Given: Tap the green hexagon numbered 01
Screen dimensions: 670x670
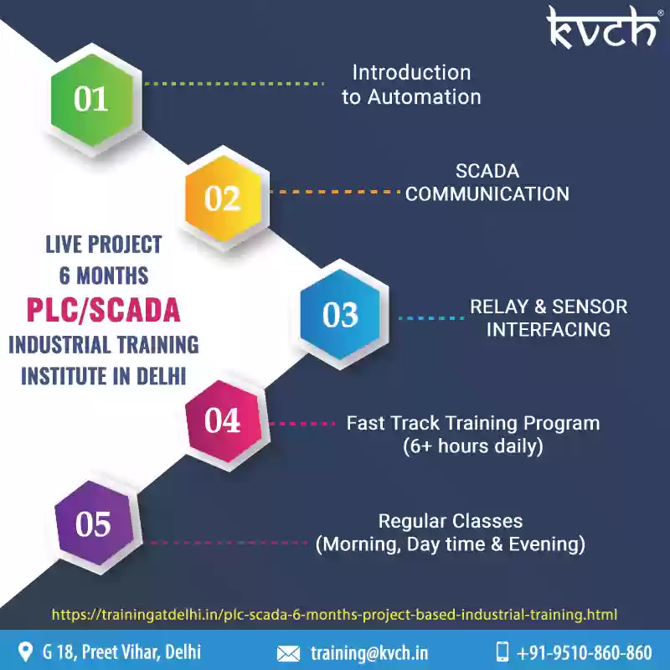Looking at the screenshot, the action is pos(92,100).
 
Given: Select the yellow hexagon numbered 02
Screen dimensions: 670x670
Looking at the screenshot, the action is pos(223,198).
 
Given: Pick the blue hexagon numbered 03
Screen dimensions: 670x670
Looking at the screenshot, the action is pos(340,315).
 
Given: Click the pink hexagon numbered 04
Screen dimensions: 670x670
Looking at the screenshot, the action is pos(224,421).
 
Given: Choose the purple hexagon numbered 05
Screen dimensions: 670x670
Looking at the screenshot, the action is pos(94,523).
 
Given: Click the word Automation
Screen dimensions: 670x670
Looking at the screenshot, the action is pos(425,97).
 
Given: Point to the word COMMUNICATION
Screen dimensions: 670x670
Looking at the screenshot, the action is pos(487,194).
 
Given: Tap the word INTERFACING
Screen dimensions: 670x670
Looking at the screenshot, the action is pos(549,329).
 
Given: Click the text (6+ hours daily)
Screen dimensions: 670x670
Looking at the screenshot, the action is pos(473,446).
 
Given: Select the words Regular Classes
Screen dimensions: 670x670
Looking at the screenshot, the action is pos(451,521).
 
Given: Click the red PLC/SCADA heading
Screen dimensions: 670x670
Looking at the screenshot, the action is pos(103,310).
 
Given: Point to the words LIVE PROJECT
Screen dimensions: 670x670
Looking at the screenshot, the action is pos(104,245).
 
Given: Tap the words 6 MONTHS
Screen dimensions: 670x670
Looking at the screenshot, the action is pos(104,276).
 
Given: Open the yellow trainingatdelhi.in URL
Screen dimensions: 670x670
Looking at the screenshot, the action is pos(334,615).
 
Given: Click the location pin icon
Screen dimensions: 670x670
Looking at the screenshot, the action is pos(26,652).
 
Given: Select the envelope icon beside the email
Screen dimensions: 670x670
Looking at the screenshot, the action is pos(288,654).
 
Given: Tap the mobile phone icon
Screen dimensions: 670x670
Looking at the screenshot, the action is pos(502,652).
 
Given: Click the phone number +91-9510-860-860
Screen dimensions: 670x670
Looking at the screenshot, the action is pos(584,653).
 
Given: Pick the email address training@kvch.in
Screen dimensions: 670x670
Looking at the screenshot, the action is pos(369,653).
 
